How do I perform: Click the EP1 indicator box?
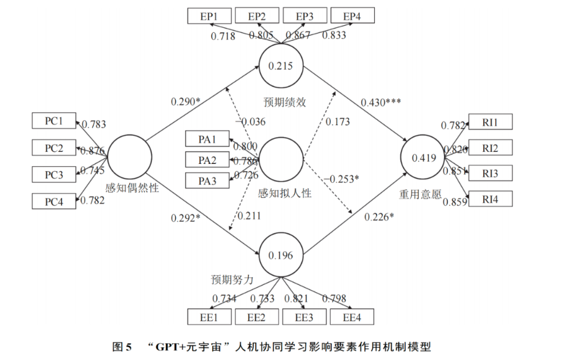click(x=209, y=17)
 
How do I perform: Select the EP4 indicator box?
click(x=354, y=17)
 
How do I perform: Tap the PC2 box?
click(x=54, y=148)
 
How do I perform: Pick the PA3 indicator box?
click(x=207, y=180)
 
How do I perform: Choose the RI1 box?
click(x=490, y=123)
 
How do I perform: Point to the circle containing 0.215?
click(x=281, y=66)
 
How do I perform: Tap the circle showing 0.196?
click(x=281, y=255)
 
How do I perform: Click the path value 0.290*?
click(x=185, y=102)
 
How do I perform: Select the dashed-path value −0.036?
click(x=250, y=122)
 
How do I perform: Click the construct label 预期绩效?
click(x=284, y=102)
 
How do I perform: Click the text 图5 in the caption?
click(x=122, y=346)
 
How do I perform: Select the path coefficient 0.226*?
click(x=379, y=216)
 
